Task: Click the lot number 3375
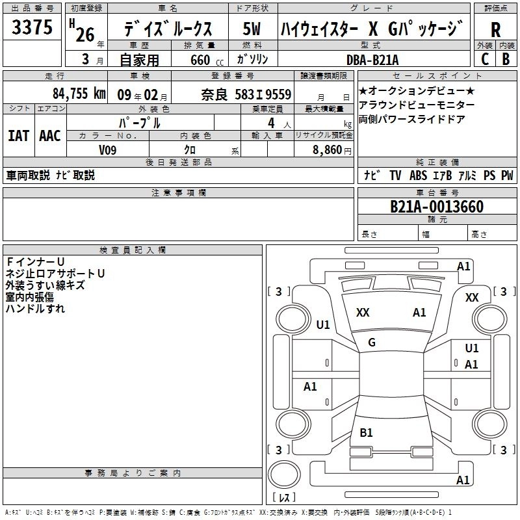32,29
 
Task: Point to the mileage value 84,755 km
79,94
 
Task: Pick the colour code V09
108,149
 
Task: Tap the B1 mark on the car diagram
366,432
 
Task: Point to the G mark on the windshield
371,342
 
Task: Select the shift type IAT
18,135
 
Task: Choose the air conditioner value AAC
49,135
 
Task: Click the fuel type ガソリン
252,59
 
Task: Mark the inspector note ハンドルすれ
35,309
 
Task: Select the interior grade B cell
506,58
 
